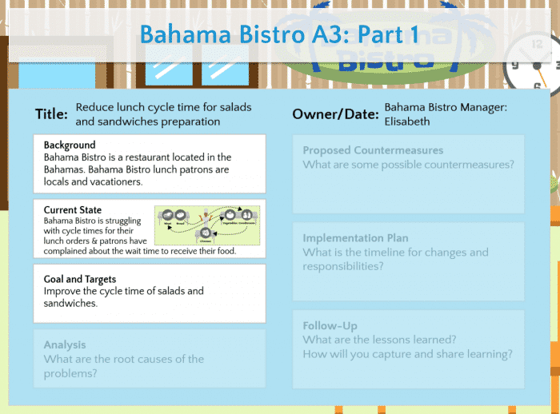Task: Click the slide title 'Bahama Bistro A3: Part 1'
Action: point(278,34)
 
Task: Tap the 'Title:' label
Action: point(51,114)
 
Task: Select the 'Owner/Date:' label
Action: point(335,114)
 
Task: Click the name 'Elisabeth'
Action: point(407,121)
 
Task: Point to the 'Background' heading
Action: point(70,145)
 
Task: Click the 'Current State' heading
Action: point(73,210)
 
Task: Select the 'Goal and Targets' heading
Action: point(80,280)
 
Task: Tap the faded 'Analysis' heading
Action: point(65,344)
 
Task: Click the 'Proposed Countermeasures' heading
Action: point(373,150)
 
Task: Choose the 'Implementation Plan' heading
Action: point(355,237)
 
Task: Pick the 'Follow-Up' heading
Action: point(330,325)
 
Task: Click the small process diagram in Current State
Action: point(206,224)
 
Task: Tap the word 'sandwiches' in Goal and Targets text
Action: point(70,303)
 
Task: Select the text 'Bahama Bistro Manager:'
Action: point(446,106)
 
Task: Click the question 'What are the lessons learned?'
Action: point(380,340)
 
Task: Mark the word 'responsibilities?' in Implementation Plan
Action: point(342,267)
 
